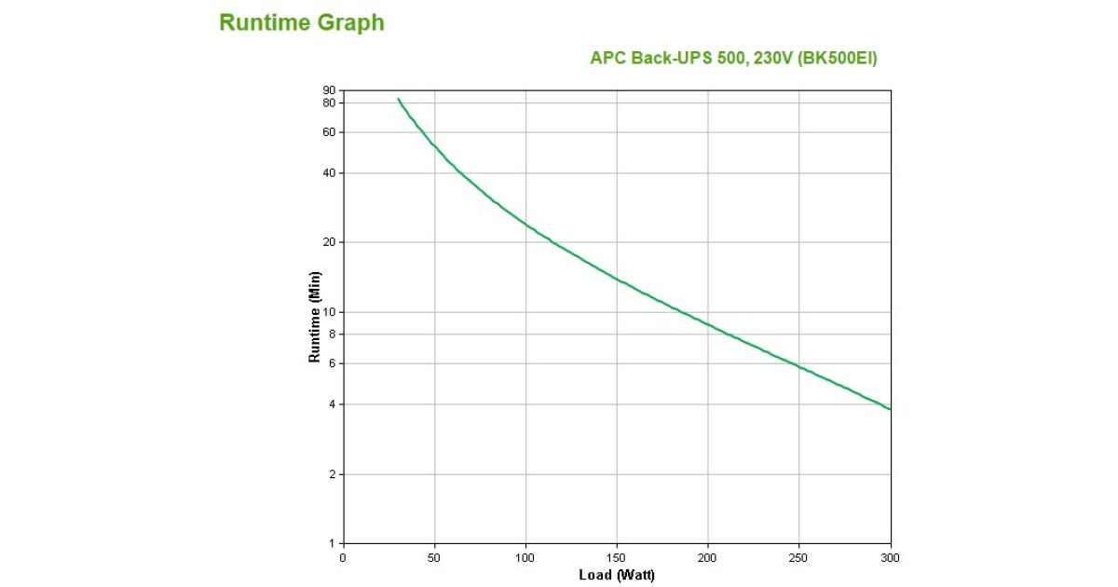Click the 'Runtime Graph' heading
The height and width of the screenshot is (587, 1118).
coord(301,23)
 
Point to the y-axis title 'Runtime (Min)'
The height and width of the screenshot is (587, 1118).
coord(315,317)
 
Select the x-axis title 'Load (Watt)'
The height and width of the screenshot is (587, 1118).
coord(617,575)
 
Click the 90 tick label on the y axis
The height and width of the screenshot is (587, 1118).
coord(328,90)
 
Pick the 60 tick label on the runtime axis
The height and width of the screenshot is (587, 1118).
coord(328,132)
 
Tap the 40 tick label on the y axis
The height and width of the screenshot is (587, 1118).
coord(328,173)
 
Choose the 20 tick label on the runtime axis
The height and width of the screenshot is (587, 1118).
coord(328,242)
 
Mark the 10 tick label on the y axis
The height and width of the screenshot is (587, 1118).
coord(328,312)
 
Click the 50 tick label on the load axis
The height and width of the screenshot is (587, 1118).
coord(434,557)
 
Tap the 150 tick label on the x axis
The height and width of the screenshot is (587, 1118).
coord(617,557)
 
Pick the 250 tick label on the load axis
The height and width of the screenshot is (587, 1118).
coord(799,557)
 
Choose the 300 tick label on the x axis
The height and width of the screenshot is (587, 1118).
coord(891,557)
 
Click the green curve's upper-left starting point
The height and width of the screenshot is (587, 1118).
coord(399,99)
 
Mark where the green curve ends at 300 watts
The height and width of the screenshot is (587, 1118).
coord(891,409)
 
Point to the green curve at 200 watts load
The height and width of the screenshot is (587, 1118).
coord(708,324)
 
